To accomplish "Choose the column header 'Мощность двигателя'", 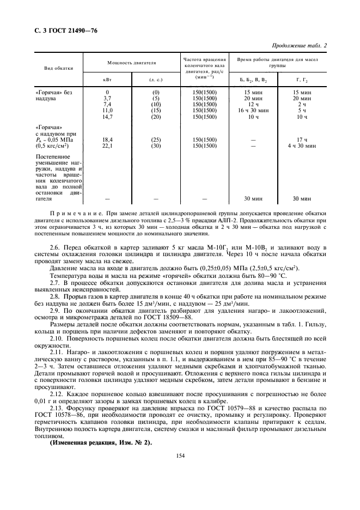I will pyautogui.click(x=131, y=63).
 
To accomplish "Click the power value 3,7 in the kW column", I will pyautogui.click(x=107, y=98).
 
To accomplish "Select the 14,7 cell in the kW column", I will pyautogui.click(x=107, y=117).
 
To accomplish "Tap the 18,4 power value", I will pyautogui.click(x=107, y=139).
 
